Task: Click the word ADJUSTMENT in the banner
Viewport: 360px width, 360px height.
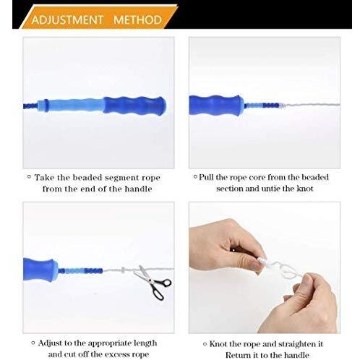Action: click(x=67, y=20)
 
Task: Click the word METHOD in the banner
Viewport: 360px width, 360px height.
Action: click(x=137, y=20)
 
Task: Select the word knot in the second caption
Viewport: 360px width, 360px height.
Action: click(x=304, y=189)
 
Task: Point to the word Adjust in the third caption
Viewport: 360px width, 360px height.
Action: click(x=50, y=343)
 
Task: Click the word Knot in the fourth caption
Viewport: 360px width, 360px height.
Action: click(x=218, y=344)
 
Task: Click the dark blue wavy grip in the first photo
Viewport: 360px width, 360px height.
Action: click(x=134, y=106)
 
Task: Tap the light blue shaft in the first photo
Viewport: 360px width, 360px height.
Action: click(x=74, y=106)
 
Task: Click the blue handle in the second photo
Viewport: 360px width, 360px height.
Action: click(x=216, y=106)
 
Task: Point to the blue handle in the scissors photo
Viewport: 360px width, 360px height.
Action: click(x=40, y=270)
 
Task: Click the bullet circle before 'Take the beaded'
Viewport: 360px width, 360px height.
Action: click(x=29, y=177)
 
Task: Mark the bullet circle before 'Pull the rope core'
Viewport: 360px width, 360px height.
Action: click(x=195, y=176)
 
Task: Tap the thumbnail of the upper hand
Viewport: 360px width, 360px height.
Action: click(x=255, y=266)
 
